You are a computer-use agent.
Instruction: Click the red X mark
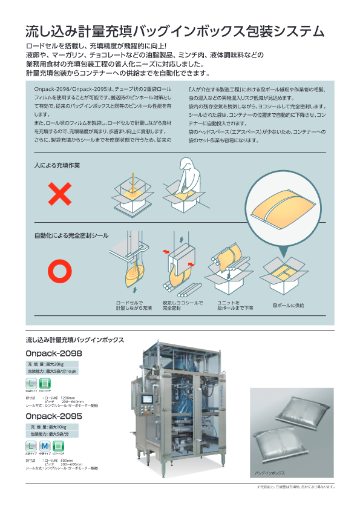pos(60,195)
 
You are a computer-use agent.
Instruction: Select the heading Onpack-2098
pos(54,353)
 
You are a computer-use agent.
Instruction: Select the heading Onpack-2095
pos(54,416)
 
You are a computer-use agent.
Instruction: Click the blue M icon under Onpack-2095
pos(44,447)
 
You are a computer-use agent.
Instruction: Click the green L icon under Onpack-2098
pos(30,384)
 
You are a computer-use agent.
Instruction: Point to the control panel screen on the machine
pos(148,400)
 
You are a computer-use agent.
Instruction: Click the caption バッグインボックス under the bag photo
pos(269,470)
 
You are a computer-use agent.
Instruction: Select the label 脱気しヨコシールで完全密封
pos(182,305)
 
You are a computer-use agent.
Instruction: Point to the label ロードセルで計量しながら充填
pos(134,305)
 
